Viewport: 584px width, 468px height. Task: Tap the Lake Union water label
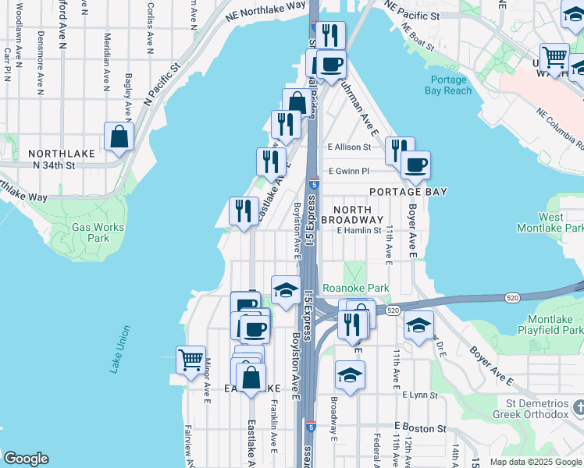118,349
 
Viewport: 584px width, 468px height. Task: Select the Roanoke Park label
356,288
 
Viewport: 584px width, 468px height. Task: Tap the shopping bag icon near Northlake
119,137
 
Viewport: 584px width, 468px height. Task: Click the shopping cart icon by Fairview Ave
191,360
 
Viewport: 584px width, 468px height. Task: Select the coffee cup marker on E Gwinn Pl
415,165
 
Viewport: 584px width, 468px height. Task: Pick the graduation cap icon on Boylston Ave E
286,290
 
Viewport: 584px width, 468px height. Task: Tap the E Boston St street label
421,428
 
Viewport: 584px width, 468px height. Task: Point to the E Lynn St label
420,395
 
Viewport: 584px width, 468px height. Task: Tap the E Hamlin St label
359,230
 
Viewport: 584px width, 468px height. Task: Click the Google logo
26,459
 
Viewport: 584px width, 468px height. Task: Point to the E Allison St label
349,147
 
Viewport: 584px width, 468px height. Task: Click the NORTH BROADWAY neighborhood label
358,214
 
